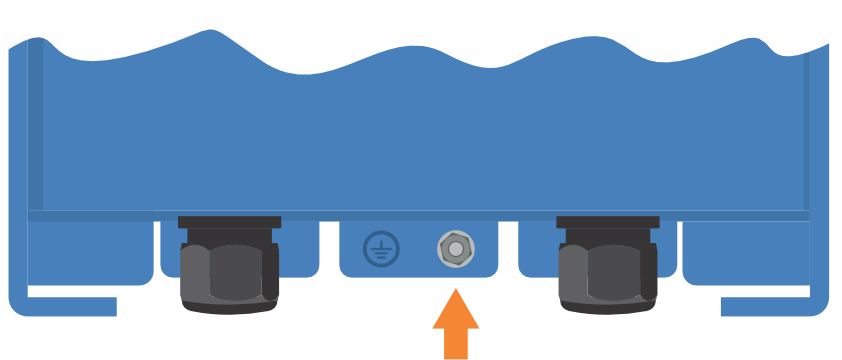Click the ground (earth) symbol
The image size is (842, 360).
(x=380, y=248)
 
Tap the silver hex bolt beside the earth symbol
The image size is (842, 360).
(x=456, y=248)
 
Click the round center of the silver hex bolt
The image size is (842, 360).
(x=456, y=248)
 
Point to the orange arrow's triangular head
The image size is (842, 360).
(x=456, y=309)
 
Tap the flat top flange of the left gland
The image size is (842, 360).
(x=229, y=221)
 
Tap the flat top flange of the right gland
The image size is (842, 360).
(x=607, y=221)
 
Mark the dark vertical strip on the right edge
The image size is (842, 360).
(x=807, y=140)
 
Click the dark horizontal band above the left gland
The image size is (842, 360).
(x=229, y=214)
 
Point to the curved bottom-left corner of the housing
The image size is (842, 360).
(x=15, y=305)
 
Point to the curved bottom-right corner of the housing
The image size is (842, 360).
(x=825, y=305)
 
